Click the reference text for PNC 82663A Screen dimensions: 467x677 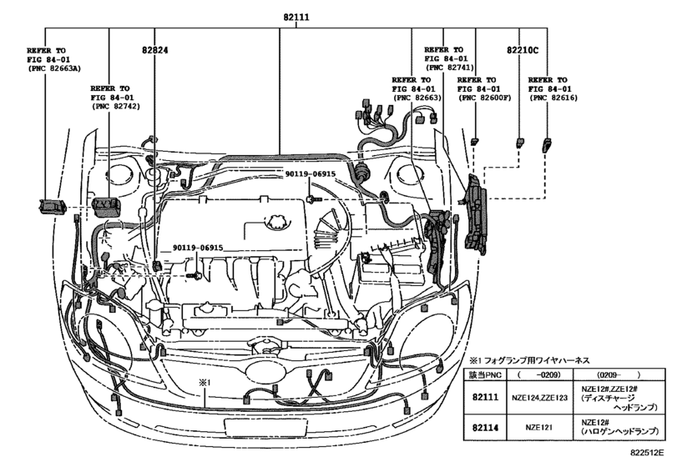point(52,61)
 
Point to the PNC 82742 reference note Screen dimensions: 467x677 point(115,97)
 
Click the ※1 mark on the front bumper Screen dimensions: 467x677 point(203,382)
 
